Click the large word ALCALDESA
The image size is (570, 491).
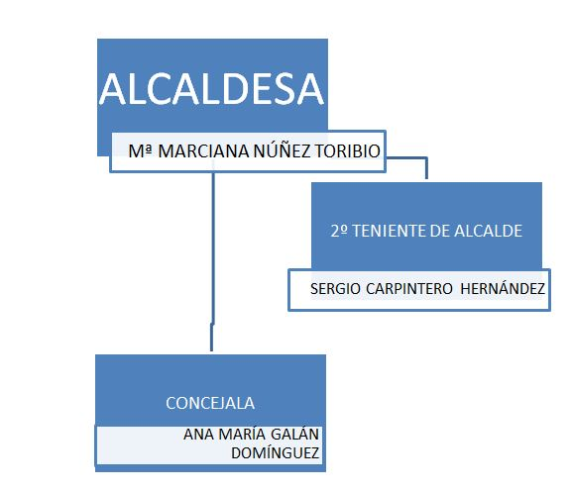coord(211,89)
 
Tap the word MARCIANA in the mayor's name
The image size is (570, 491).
coord(204,151)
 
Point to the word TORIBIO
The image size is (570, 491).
coord(348,151)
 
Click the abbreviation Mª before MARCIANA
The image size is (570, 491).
coord(141,151)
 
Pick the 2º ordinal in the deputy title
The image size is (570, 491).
coord(339,231)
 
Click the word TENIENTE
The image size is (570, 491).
coord(389,231)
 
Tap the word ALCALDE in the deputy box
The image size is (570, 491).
coord(488,231)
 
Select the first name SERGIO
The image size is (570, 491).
coord(335,289)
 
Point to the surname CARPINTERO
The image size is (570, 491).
coord(409,289)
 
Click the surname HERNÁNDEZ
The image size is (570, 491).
coord(503,288)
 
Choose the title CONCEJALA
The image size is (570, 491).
coord(210,403)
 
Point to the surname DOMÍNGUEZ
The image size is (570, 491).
coord(276,452)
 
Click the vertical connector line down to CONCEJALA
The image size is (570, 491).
coord(212,262)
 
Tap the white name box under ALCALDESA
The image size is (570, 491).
coord(248,151)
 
